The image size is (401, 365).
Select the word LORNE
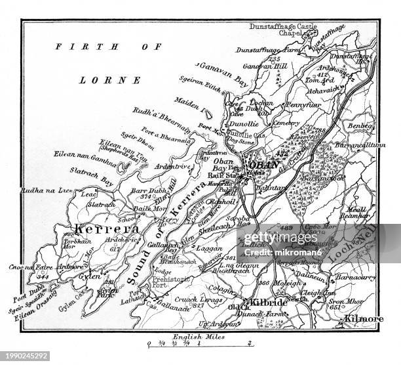pyautogui.click(x=119, y=80)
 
